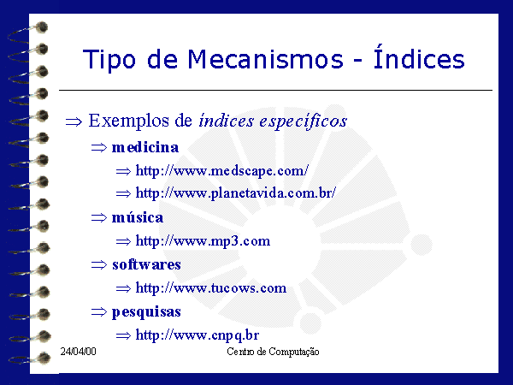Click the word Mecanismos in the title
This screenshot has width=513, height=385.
(265, 60)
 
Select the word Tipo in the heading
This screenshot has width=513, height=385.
(109, 61)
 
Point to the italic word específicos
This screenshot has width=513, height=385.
(304, 121)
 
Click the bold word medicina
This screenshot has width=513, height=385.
(145, 147)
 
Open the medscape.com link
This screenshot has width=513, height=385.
(222, 171)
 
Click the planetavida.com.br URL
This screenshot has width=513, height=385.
(236, 193)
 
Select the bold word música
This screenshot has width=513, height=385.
(138, 217)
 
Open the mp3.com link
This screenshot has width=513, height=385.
(203, 241)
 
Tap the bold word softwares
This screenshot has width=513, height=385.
(146, 264)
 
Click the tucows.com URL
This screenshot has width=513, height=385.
(211, 288)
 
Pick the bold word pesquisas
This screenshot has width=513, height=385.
(146, 312)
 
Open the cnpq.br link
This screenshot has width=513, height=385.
(198, 335)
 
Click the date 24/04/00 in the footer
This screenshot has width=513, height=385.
(78, 352)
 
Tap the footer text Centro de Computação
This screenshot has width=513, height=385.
(274, 352)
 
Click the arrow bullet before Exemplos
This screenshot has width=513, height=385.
(74, 122)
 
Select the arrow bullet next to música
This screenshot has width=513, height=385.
(99, 217)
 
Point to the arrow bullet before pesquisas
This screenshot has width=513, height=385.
(99, 311)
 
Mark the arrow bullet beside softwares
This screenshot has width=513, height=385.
(99, 264)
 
